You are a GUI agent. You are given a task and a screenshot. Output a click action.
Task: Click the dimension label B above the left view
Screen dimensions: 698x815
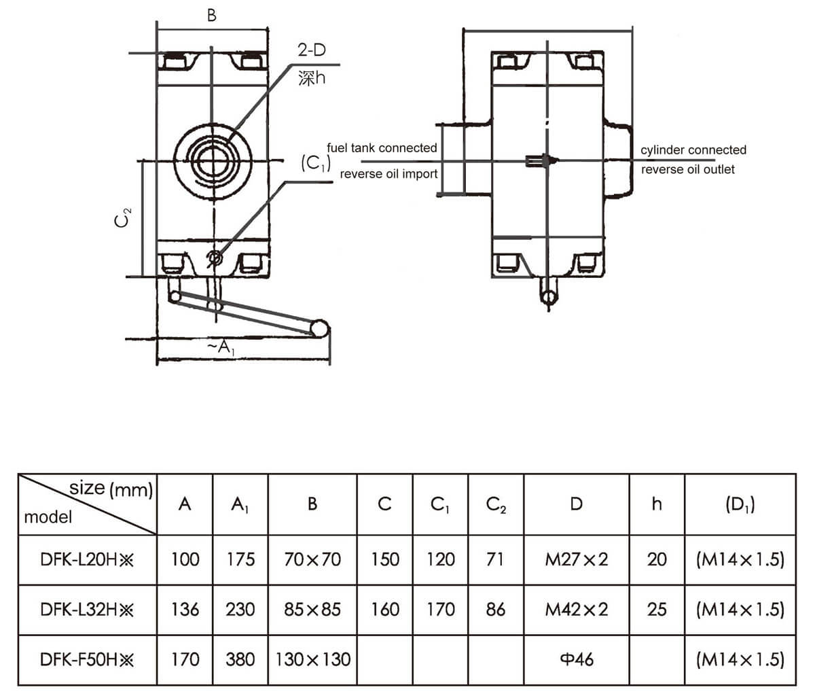pyautogui.click(x=212, y=15)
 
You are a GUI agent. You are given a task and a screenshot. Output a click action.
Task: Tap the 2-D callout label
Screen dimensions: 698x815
pyautogui.click(x=312, y=50)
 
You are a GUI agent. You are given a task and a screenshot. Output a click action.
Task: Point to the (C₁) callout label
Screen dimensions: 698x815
pyautogui.click(x=315, y=164)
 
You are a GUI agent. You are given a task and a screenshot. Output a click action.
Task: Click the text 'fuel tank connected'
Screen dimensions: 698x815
pyautogui.click(x=382, y=147)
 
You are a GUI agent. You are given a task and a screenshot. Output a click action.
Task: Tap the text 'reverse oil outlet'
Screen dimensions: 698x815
pyautogui.click(x=687, y=169)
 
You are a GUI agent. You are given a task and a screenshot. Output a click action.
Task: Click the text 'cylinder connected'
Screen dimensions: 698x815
pyautogui.click(x=693, y=150)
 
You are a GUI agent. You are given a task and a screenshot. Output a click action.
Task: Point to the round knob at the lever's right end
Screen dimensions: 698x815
pyautogui.click(x=319, y=329)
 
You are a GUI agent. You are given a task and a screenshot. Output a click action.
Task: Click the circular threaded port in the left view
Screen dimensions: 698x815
pyautogui.click(x=213, y=161)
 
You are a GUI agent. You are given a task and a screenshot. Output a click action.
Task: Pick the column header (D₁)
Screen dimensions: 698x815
pyautogui.click(x=740, y=504)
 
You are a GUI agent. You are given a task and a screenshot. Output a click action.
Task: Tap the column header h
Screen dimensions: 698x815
pyautogui.click(x=656, y=504)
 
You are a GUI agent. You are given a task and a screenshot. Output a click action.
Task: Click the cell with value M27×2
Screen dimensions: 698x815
pyautogui.click(x=576, y=560)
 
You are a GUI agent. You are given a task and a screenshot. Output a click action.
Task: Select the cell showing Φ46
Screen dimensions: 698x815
pyautogui.click(x=576, y=659)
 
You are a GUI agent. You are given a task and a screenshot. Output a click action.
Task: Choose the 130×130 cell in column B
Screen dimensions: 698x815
pyautogui.click(x=312, y=659)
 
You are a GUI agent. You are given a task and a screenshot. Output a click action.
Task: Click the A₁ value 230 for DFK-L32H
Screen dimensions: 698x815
pyautogui.click(x=240, y=610)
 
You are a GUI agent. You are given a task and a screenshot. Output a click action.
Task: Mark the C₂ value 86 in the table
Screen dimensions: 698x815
pyautogui.click(x=496, y=610)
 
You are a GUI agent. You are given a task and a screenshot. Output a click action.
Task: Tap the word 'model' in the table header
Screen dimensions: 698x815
pyautogui.click(x=48, y=517)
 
